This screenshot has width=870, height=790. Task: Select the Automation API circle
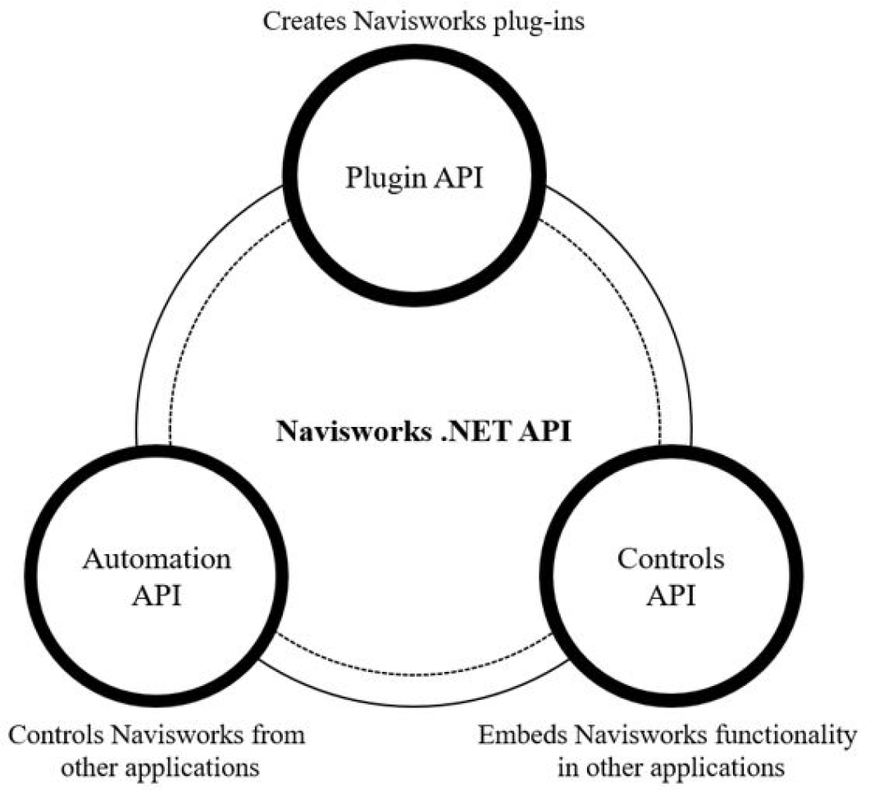[x=156, y=579]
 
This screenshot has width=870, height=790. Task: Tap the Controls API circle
[x=671, y=579]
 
